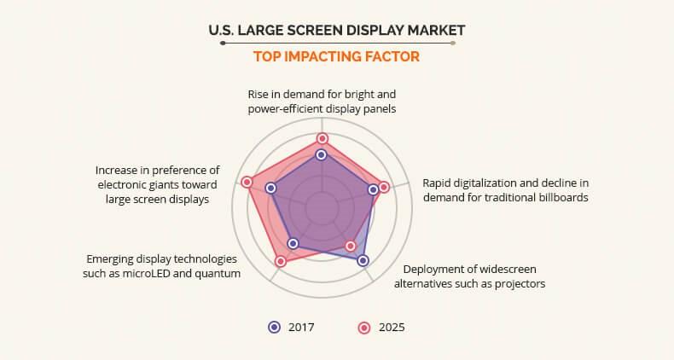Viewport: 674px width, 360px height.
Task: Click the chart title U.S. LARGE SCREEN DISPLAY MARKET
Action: (337, 31)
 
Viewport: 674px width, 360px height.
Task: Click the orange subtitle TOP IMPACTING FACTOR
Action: (337, 57)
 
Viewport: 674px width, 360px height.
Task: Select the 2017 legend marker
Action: (274, 327)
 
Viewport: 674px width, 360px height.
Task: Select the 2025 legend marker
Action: (363, 327)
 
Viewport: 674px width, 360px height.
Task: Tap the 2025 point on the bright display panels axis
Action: (322, 138)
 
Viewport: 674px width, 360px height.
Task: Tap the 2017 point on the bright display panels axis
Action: (321, 154)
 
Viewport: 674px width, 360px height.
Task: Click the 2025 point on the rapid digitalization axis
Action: (384, 187)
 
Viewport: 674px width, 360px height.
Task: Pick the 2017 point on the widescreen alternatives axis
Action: (363, 260)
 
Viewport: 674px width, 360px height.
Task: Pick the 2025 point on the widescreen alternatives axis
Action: (350, 246)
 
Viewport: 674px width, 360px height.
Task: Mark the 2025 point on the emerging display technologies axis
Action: (281, 261)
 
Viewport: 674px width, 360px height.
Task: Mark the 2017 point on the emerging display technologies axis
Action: (293, 244)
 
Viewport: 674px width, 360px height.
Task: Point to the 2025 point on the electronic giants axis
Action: (247, 182)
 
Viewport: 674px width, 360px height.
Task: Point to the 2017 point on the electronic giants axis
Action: (271, 188)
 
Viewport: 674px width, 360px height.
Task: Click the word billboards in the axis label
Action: (558, 197)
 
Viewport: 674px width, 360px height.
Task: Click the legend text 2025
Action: (392, 327)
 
